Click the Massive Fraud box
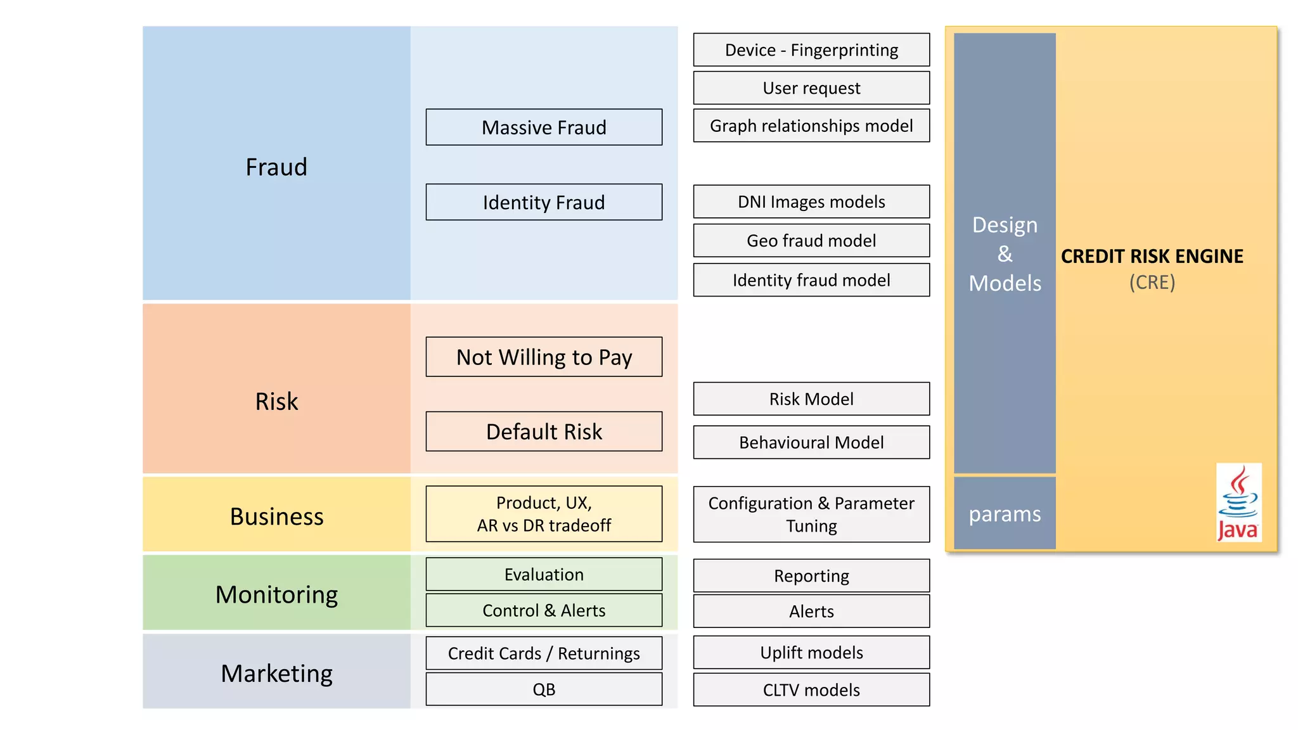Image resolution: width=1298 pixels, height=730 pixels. pos(544,127)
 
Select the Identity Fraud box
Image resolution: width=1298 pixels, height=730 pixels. pos(544,202)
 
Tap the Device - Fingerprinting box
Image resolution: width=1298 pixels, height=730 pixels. pos(811,50)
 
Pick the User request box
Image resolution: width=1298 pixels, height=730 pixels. pos(811,88)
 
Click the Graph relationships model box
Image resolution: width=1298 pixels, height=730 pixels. pos(811,125)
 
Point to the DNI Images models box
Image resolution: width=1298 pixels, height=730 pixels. pos(811,202)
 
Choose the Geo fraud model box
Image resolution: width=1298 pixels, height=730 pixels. pos(811,241)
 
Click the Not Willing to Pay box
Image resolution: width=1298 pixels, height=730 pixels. pos(544,357)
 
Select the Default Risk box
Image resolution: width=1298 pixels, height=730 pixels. pos(544,432)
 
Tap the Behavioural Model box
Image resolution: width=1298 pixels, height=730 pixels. pos(811,442)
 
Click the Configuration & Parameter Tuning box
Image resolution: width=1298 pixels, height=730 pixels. pos(811,514)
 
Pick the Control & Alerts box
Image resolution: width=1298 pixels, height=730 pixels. pos(544,610)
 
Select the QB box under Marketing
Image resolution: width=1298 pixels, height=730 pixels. pos(544,689)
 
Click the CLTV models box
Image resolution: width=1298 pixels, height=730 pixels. pos(811,690)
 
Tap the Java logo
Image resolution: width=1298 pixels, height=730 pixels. pos(1238,503)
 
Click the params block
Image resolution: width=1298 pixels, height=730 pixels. pos(1005,513)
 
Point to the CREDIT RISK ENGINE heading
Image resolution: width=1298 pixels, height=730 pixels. pos(1152,256)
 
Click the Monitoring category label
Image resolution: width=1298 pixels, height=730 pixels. pos(276,594)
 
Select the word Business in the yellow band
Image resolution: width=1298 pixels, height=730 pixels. pos(276,516)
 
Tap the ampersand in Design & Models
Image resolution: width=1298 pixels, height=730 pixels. pos(1005,254)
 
